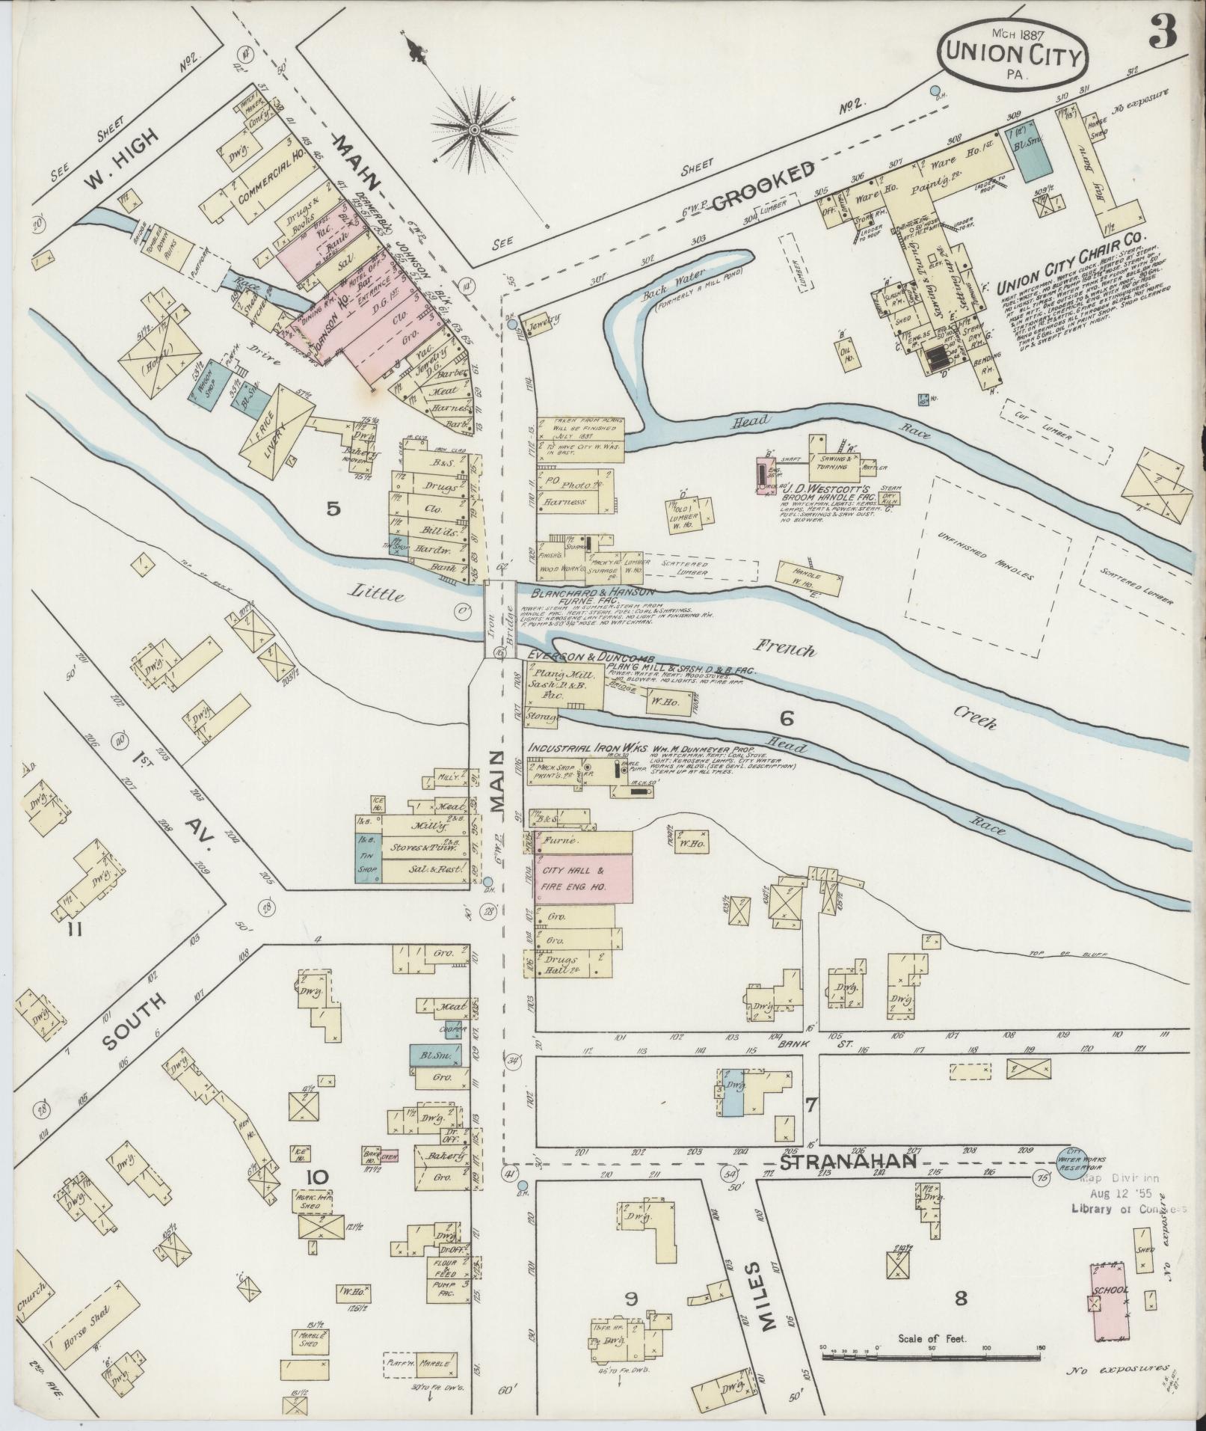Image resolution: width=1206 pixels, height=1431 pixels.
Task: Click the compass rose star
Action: coord(473,131)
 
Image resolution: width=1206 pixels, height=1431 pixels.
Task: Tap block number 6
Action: coord(786,720)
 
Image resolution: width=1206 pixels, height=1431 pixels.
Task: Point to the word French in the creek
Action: coord(784,648)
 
